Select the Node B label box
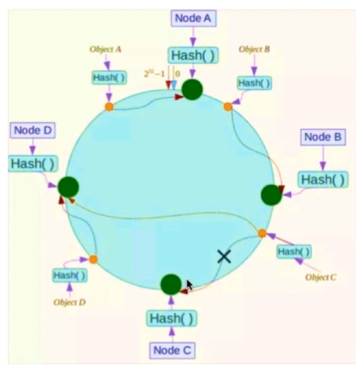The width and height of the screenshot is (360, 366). coord(323,137)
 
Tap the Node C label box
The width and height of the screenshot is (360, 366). coord(172,350)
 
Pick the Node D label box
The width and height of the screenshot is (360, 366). coord(33,130)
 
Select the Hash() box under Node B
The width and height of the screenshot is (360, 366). coord(323,179)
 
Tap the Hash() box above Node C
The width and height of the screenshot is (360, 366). coord(172,318)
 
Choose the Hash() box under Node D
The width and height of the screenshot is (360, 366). coord(32,163)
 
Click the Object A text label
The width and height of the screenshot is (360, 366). coord(106,49)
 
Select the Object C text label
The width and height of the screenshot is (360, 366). coord(321,278)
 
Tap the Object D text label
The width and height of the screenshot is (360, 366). coord(70,303)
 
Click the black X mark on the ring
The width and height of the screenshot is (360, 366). coord(224,256)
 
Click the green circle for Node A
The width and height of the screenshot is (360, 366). coord(192,90)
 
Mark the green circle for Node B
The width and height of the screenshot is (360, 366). coord(271,194)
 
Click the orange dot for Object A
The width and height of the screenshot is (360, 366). coord(109,107)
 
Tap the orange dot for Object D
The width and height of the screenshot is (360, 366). coord(93,259)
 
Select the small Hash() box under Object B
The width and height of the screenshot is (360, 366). coord(253,82)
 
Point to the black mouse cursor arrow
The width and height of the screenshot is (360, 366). coord(189,285)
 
